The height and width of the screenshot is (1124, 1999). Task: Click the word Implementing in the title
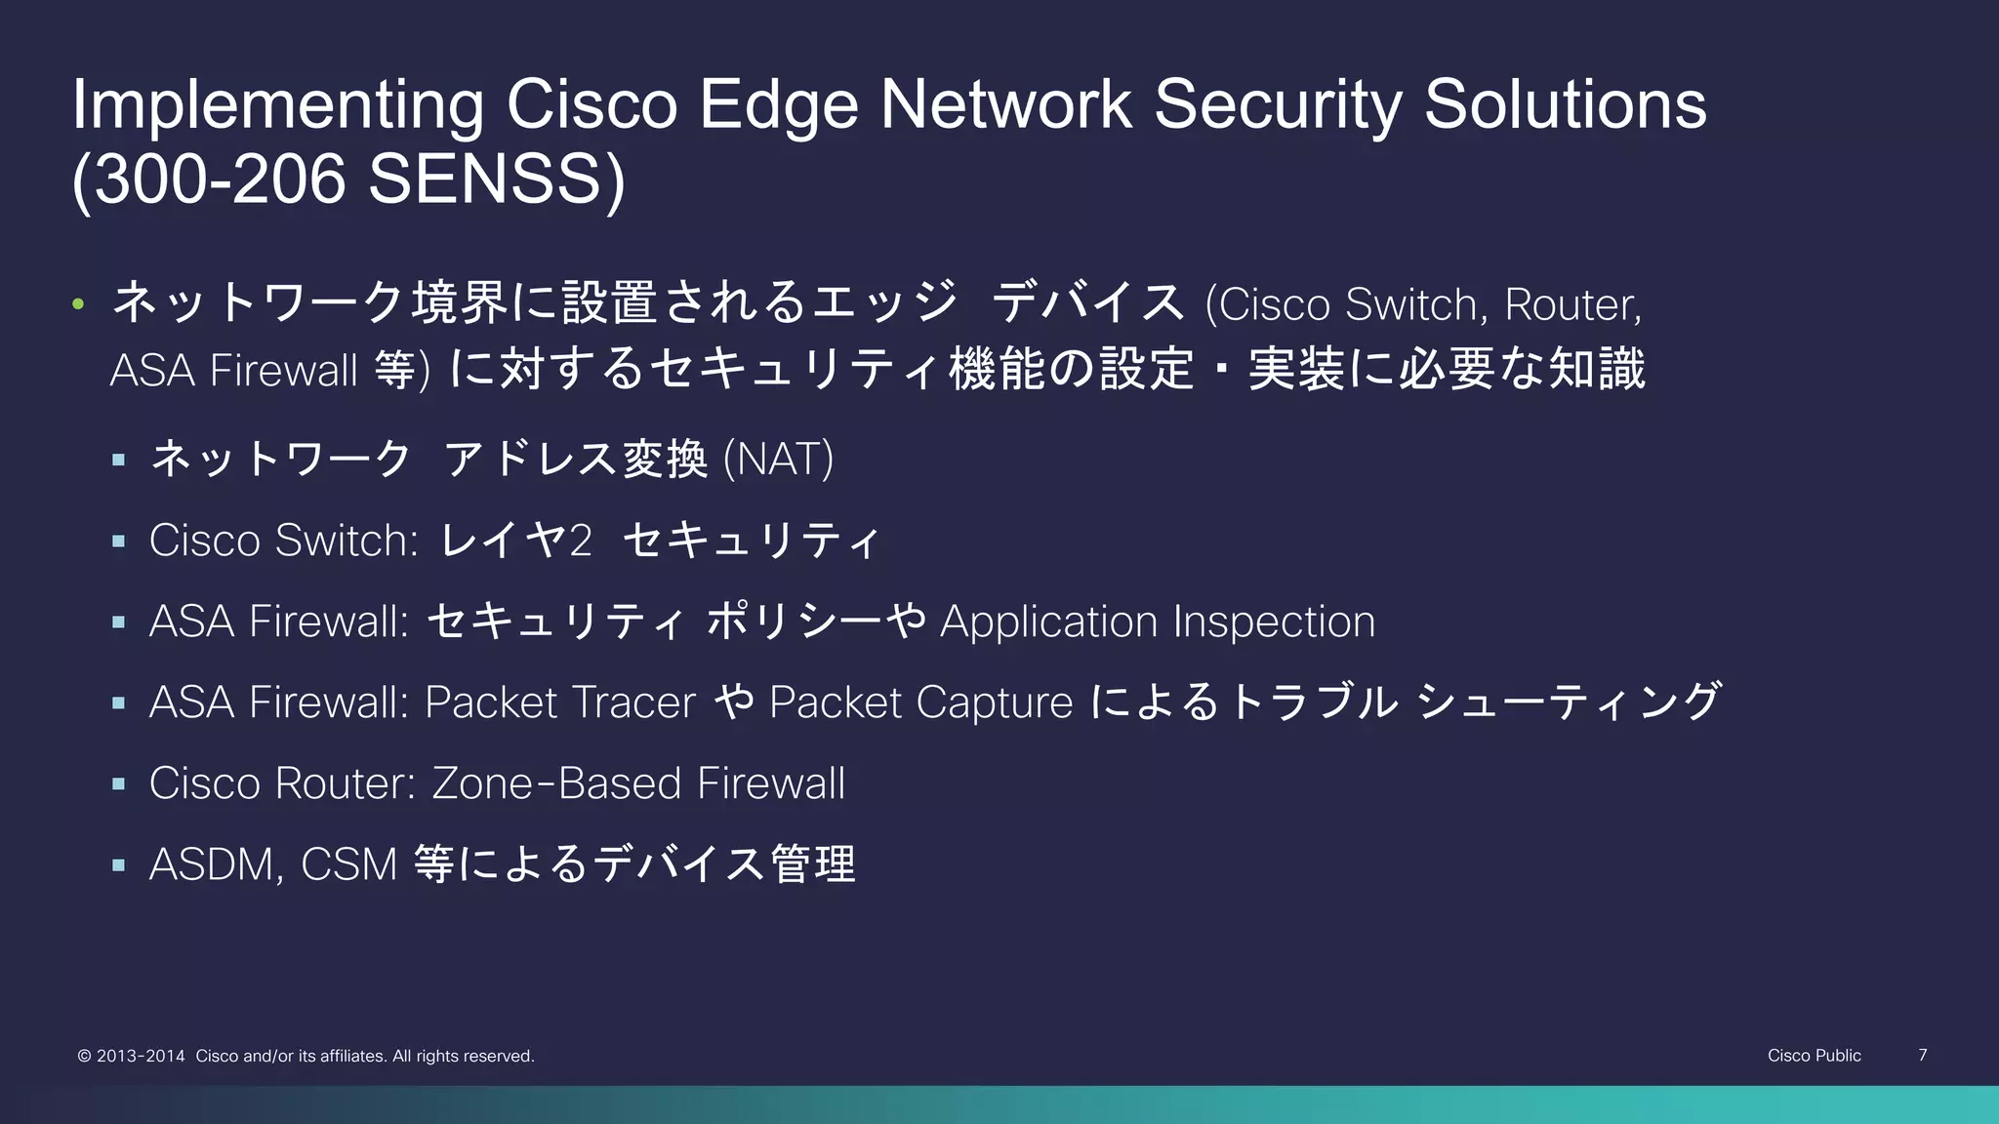coord(277,105)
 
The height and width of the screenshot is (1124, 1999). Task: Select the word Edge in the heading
coord(778,105)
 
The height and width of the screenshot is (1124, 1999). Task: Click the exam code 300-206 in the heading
coord(221,180)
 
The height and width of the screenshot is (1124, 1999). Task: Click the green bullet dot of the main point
coord(78,304)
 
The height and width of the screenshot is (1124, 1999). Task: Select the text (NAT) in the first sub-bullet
coord(778,459)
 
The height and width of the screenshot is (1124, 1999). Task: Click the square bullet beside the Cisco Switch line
coord(119,541)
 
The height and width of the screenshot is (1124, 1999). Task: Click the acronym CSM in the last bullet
coord(348,864)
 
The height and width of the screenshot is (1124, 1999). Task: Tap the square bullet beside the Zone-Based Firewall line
coord(119,783)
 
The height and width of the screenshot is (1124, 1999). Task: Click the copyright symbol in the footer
coord(84,1056)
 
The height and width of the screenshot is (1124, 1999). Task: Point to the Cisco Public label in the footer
coord(1814,1056)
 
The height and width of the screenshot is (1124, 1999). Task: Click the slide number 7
coord(1922,1055)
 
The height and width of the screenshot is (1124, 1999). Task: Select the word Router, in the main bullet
coord(1572,304)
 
